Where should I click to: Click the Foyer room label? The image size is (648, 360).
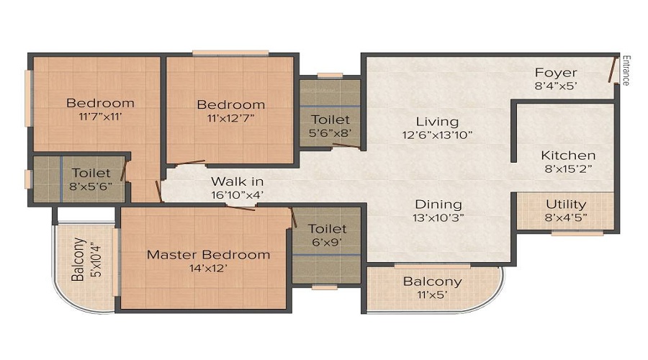(556, 73)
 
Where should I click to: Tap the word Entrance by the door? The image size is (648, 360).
(626, 70)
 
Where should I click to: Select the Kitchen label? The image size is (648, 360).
(568, 156)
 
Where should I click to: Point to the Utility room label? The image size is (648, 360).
(565, 204)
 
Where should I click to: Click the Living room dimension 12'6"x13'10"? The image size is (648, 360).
(437, 135)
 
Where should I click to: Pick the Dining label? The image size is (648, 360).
(438, 204)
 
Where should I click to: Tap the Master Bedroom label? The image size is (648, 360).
(208, 255)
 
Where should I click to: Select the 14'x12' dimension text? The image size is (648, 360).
(208, 269)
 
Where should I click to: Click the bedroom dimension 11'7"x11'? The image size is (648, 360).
(100, 116)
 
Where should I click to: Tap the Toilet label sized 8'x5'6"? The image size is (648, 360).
(91, 173)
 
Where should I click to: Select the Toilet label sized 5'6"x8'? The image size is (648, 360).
(330, 120)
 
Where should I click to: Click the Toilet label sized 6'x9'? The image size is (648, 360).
(327, 229)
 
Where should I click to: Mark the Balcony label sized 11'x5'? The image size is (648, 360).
(432, 282)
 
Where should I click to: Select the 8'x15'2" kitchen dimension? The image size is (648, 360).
(568, 169)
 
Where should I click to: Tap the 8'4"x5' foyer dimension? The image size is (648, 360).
(556, 86)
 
